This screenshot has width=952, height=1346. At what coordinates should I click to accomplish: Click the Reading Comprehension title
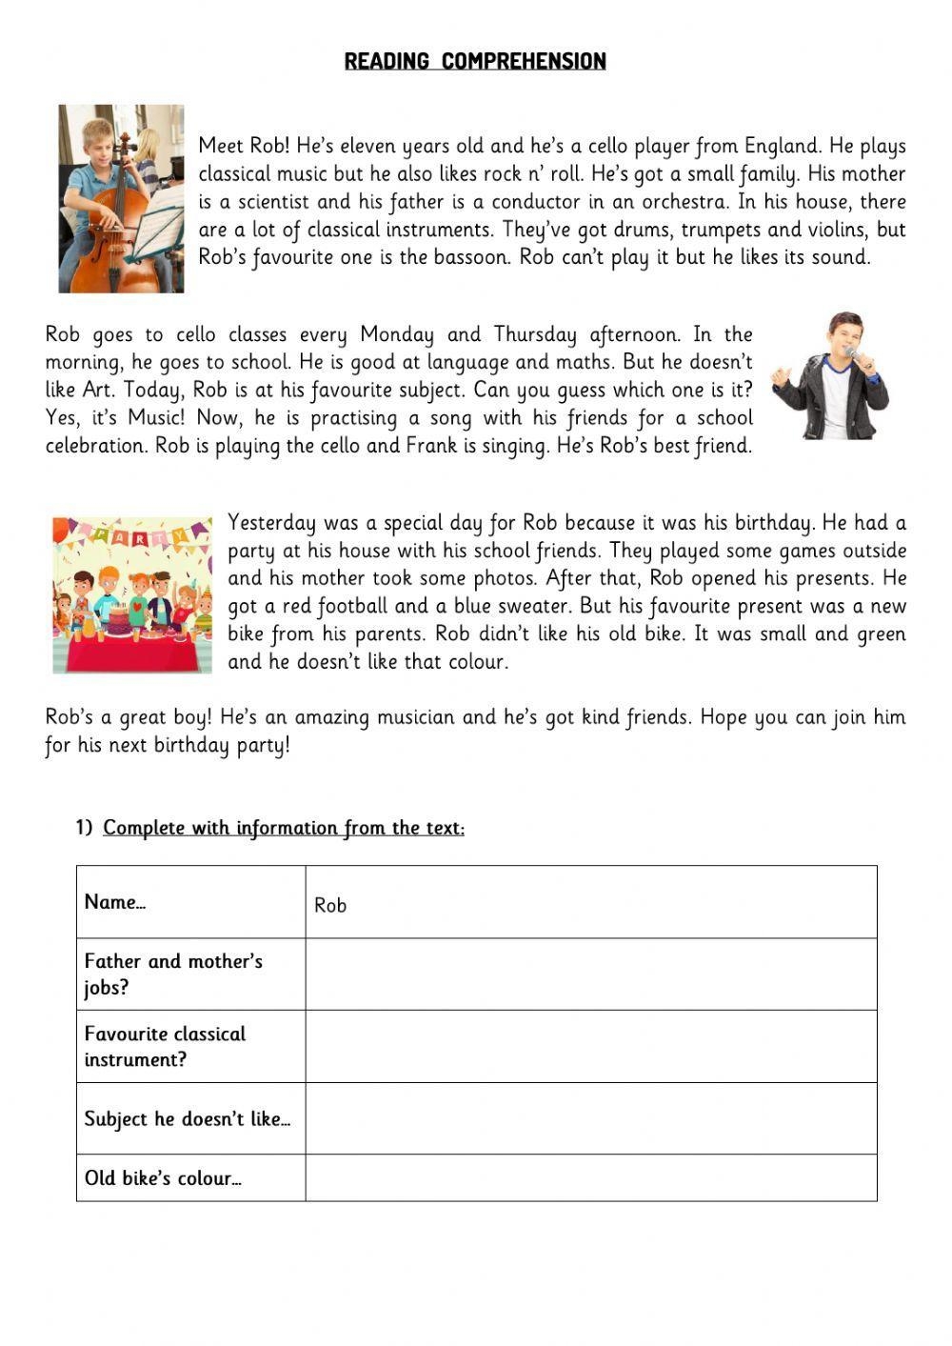[475, 61]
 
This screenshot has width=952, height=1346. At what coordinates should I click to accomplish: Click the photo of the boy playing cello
[121, 198]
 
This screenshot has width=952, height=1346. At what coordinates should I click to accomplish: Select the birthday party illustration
[132, 595]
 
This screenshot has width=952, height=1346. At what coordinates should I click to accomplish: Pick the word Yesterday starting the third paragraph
[271, 523]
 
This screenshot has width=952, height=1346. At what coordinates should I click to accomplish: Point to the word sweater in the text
[534, 606]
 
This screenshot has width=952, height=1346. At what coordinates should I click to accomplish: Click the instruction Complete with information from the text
[284, 828]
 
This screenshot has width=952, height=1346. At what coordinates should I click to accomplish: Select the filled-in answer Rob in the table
[330, 905]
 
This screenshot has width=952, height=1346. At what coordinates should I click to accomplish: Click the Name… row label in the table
[114, 902]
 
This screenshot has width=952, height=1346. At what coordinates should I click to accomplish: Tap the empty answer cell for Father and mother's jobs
[590, 974]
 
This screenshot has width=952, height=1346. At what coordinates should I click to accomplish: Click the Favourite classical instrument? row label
[165, 1046]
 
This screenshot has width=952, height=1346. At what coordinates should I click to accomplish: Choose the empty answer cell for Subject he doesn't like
[590, 1118]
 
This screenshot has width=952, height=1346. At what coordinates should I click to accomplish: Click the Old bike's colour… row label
[163, 1178]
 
